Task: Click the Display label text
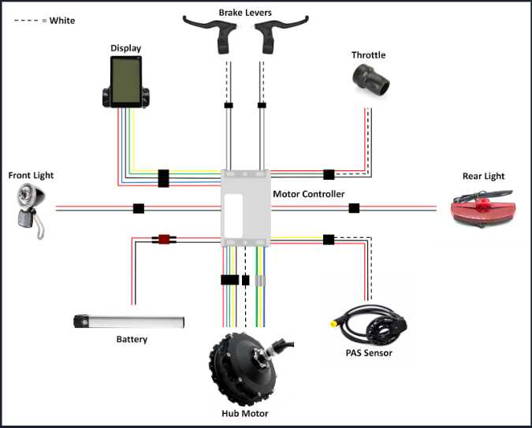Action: pos(125,48)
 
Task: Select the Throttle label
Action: pos(368,55)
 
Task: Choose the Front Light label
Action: pos(32,175)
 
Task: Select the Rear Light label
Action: pos(483,176)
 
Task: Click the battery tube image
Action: pos(129,322)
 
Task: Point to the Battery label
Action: pos(132,340)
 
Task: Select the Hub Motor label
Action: pos(244,414)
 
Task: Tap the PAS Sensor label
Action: pos(368,353)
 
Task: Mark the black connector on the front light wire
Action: pos(139,209)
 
